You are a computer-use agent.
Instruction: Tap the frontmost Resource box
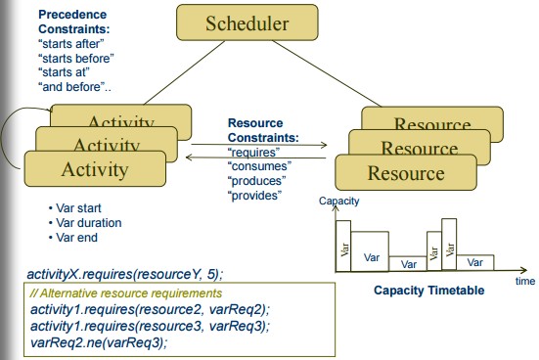point(405,173)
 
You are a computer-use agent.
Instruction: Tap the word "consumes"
point(257,166)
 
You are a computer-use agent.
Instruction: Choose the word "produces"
point(256,181)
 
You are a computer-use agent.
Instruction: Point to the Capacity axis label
point(339,201)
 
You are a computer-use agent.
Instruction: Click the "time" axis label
point(525,281)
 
